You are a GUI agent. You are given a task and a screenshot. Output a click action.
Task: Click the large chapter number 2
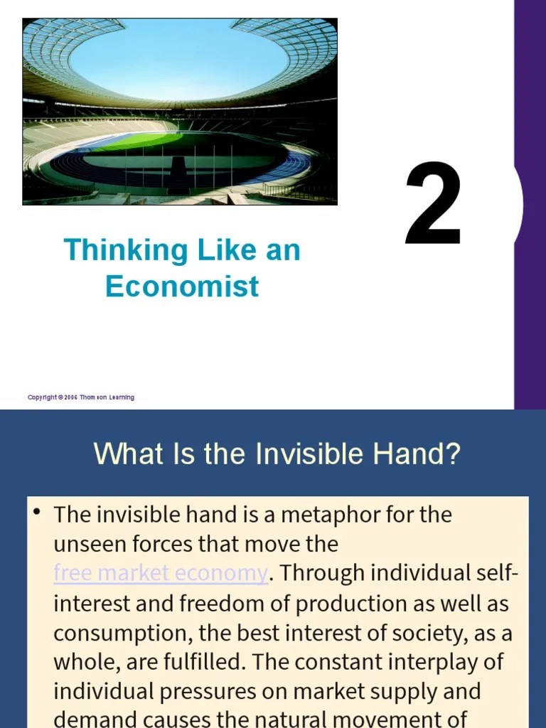click(x=433, y=204)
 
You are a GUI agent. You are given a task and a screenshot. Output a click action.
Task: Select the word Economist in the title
click(x=182, y=287)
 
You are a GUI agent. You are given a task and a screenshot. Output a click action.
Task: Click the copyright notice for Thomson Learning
click(x=81, y=397)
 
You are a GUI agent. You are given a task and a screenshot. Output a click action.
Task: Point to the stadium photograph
click(x=180, y=112)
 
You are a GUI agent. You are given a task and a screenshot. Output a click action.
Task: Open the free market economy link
click(x=161, y=573)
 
